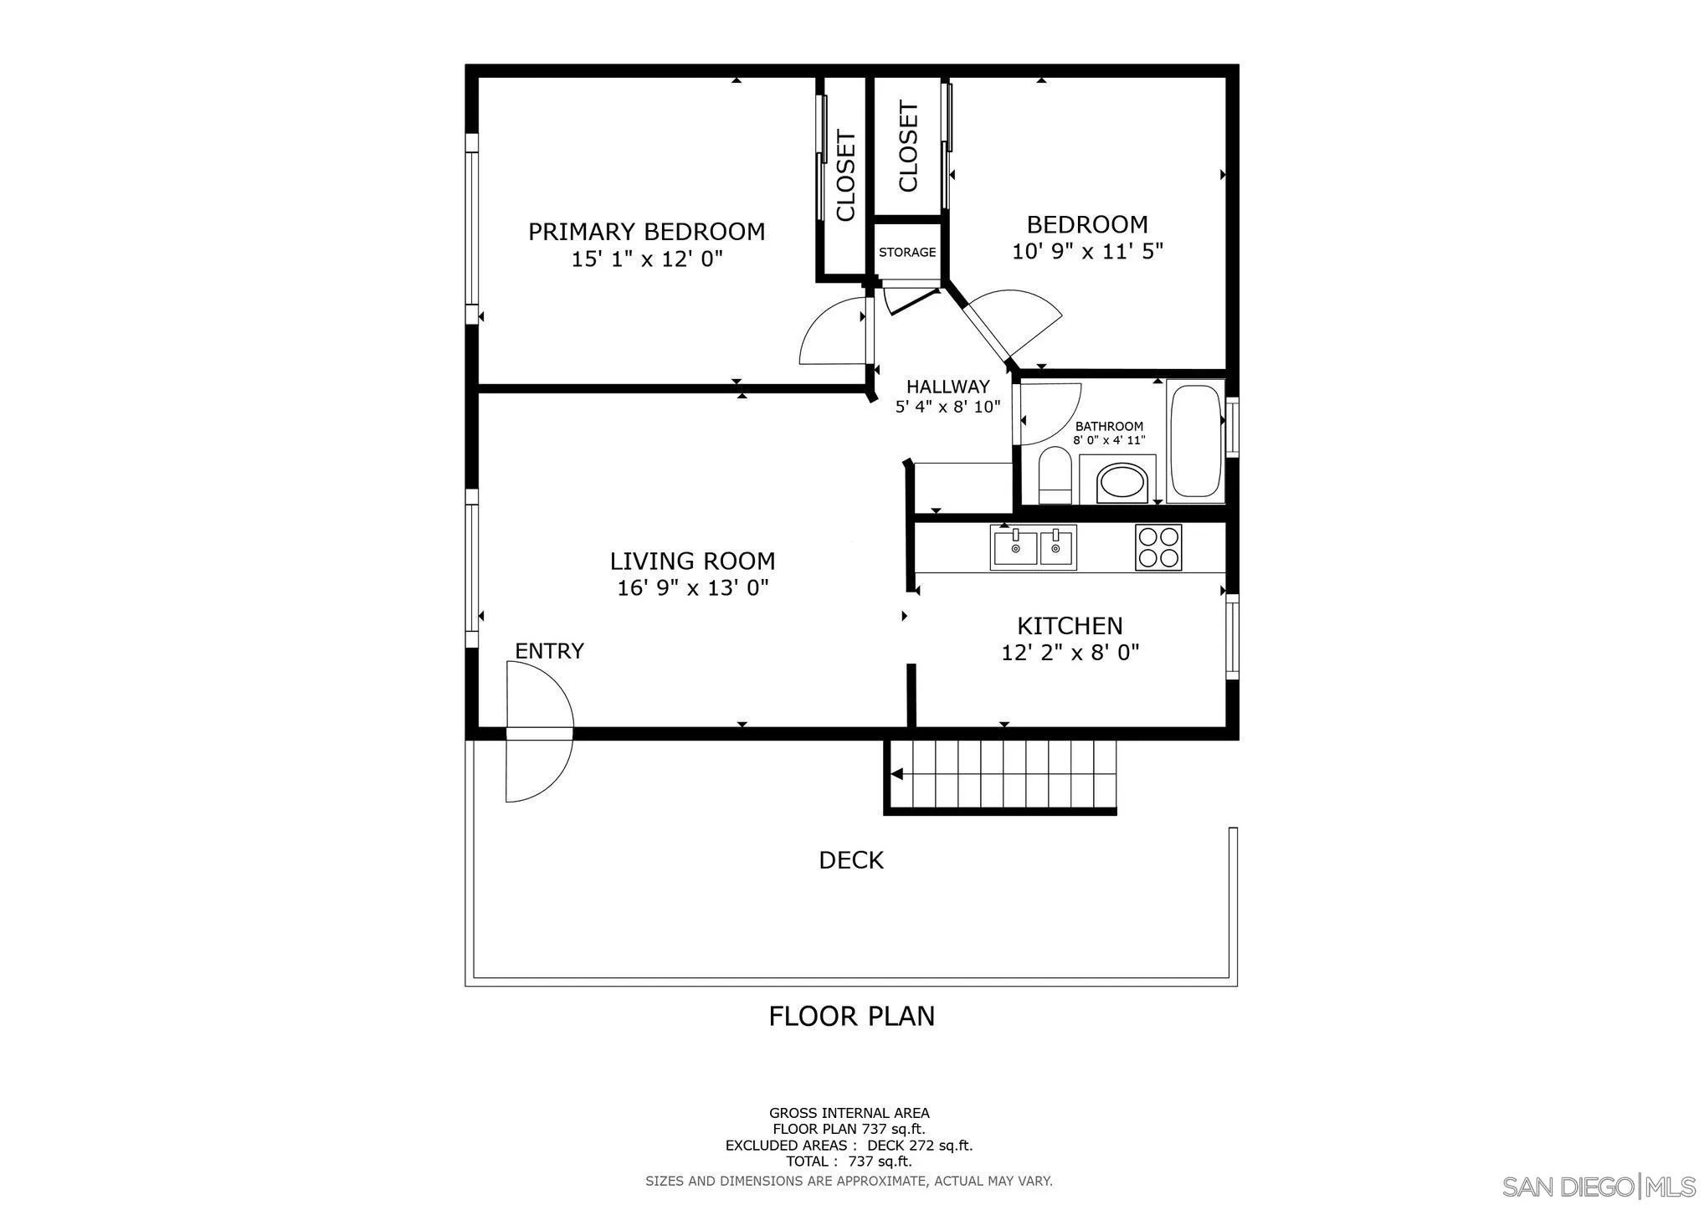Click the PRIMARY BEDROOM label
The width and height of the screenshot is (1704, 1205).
(x=646, y=232)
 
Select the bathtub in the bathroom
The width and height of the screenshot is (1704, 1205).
(x=1196, y=442)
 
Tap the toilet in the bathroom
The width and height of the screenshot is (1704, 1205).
(x=1055, y=475)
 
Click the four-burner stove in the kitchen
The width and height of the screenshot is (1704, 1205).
(x=1158, y=547)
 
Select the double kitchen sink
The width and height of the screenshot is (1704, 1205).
(x=1033, y=547)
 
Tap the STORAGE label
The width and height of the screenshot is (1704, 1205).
(x=907, y=252)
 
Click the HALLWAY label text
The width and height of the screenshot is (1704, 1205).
(x=947, y=387)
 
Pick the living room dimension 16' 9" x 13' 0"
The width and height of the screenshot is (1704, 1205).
(x=693, y=588)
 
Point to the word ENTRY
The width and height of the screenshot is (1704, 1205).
(x=549, y=651)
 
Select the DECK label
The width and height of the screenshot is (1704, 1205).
(x=851, y=860)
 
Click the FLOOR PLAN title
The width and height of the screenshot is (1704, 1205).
(x=852, y=1016)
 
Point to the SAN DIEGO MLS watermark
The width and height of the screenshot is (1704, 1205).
(x=1598, y=1187)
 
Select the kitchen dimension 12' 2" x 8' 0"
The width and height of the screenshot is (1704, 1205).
(x=1070, y=652)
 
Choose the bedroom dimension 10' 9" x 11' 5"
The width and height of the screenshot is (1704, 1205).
(x=1088, y=251)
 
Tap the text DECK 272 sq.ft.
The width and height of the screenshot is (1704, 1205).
(x=920, y=1146)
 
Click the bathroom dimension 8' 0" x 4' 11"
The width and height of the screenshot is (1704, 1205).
(x=1109, y=440)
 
